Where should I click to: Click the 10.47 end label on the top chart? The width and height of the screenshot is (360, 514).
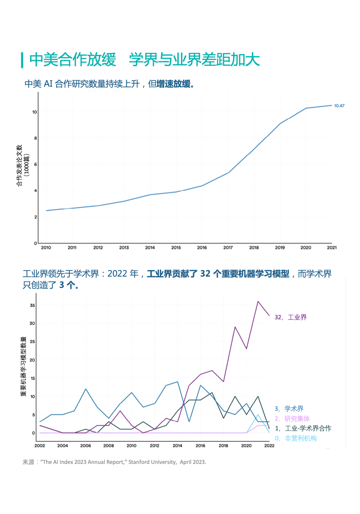tap(339, 106)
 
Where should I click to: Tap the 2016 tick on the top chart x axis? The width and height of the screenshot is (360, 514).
tap(202, 248)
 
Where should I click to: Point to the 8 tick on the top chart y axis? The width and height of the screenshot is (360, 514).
tap(35, 138)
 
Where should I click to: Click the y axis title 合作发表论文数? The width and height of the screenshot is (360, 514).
tap(19, 165)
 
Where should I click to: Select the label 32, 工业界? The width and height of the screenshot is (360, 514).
tap(291, 317)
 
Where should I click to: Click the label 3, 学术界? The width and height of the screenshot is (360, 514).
tap(289, 409)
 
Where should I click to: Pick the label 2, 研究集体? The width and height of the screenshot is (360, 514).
tap(292, 419)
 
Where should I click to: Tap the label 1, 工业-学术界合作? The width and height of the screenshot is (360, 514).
tap(303, 429)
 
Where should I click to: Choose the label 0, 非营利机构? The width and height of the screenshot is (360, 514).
tap(295, 438)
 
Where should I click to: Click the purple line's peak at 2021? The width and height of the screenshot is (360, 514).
tap(258, 301)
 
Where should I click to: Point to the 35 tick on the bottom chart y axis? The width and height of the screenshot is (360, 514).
tap(32, 305)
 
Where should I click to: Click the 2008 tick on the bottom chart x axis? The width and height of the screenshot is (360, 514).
tap(109, 446)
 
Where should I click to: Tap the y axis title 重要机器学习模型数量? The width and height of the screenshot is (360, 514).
tap(23, 366)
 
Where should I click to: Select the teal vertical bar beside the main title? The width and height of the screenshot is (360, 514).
tap(22, 60)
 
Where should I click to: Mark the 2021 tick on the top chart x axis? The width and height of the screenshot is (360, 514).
tap(331, 248)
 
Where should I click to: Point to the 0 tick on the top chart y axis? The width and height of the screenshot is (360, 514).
tap(35, 243)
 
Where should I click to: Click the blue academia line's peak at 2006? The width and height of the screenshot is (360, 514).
tap(86, 389)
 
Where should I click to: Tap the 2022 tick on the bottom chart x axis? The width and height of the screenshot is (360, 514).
tap(269, 446)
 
